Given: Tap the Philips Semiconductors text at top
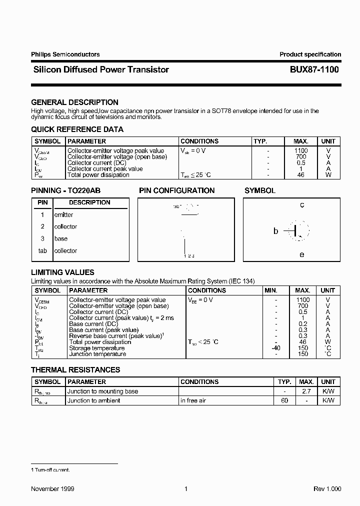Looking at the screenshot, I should [x=65, y=54].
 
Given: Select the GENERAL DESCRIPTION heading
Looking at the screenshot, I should [x=74, y=102].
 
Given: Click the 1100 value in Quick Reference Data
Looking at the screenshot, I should [x=301, y=150].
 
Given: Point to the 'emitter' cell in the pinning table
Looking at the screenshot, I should [x=63, y=215].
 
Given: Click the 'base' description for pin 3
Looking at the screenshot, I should [x=60, y=239].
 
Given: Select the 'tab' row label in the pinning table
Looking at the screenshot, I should [x=42, y=251].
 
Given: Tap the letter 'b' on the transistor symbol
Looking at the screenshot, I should [x=275, y=231].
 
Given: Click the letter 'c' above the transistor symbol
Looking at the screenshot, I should [x=302, y=205].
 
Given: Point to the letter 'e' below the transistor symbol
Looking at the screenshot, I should [x=302, y=254].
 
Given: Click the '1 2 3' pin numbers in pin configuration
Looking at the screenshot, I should [x=188, y=256].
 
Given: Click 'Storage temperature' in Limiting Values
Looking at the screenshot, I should [x=96, y=348].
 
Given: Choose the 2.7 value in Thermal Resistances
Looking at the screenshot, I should [x=306, y=391].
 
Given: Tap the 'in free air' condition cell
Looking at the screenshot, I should [x=193, y=401].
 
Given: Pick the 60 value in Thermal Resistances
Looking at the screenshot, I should [x=284, y=401].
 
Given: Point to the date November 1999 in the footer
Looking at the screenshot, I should [x=52, y=489].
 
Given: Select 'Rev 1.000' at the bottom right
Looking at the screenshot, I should [x=327, y=489].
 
